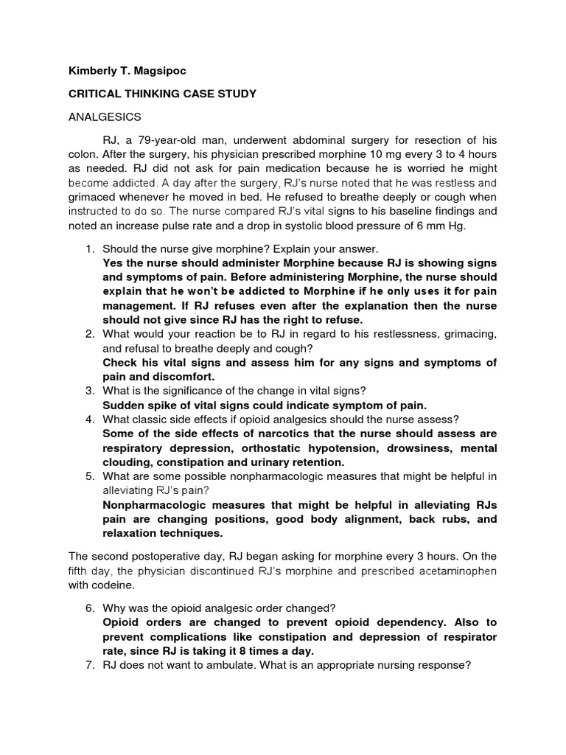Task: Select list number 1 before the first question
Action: pos(88,249)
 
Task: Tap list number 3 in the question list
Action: pos(88,391)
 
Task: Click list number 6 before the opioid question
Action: pos(88,608)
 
